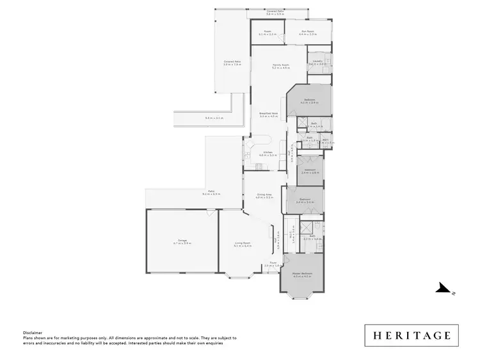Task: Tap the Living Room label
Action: coord(242,243)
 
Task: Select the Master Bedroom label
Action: coord(301,274)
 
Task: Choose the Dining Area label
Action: coord(264,194)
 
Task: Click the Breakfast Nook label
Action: coord(268,113)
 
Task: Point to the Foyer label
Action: coord(273,262)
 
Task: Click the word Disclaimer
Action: coord(33,332)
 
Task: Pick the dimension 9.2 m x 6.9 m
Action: coord(211,193)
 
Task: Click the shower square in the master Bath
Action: coord(307,227)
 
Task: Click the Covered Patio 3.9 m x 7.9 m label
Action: coord(232,62)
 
